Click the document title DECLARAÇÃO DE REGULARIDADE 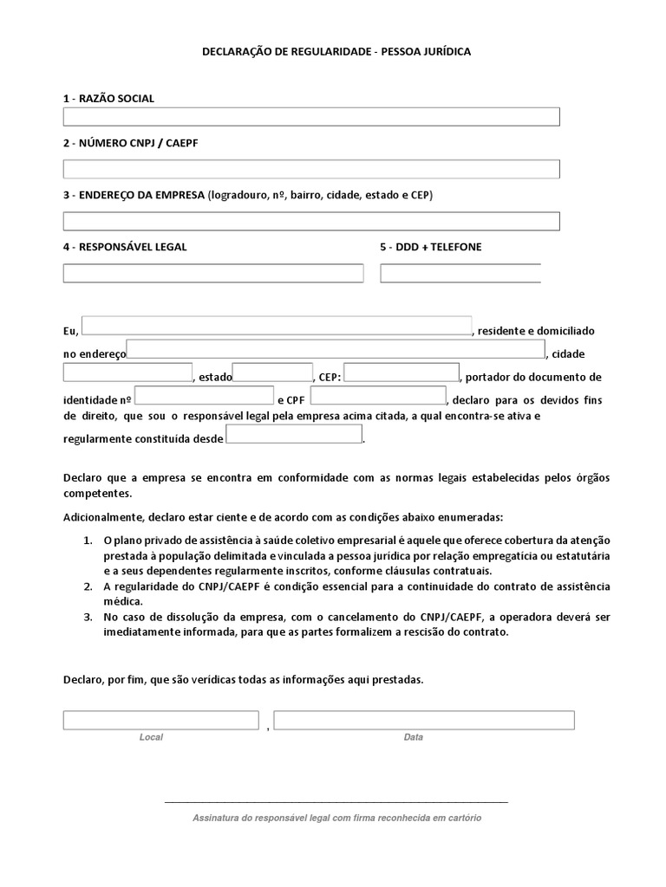(x=336, y=52)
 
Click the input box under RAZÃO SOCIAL (x=311, y=117)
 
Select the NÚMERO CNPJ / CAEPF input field (x=311, y=169)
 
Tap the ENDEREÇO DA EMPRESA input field (x=311, y=221)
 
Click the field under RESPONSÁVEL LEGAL (x=212, y=273)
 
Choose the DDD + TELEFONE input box (x=460, y=273)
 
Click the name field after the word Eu (x=277, y=325)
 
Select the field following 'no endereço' (x=336, y=349)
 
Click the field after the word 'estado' (x=272, y=372)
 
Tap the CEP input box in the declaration (x=402, y=372)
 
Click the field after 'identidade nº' (x=204, y=396)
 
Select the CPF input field (x=377, y=396)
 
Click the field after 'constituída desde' (x=294, y=434)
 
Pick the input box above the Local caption (x=160, y=720)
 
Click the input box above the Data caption (x=424, y=720)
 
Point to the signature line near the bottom (x=336, y=803)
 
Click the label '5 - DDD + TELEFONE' (x=430, y=247)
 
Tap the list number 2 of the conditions (x=88, y=587)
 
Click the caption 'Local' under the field (x=151, y=737)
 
